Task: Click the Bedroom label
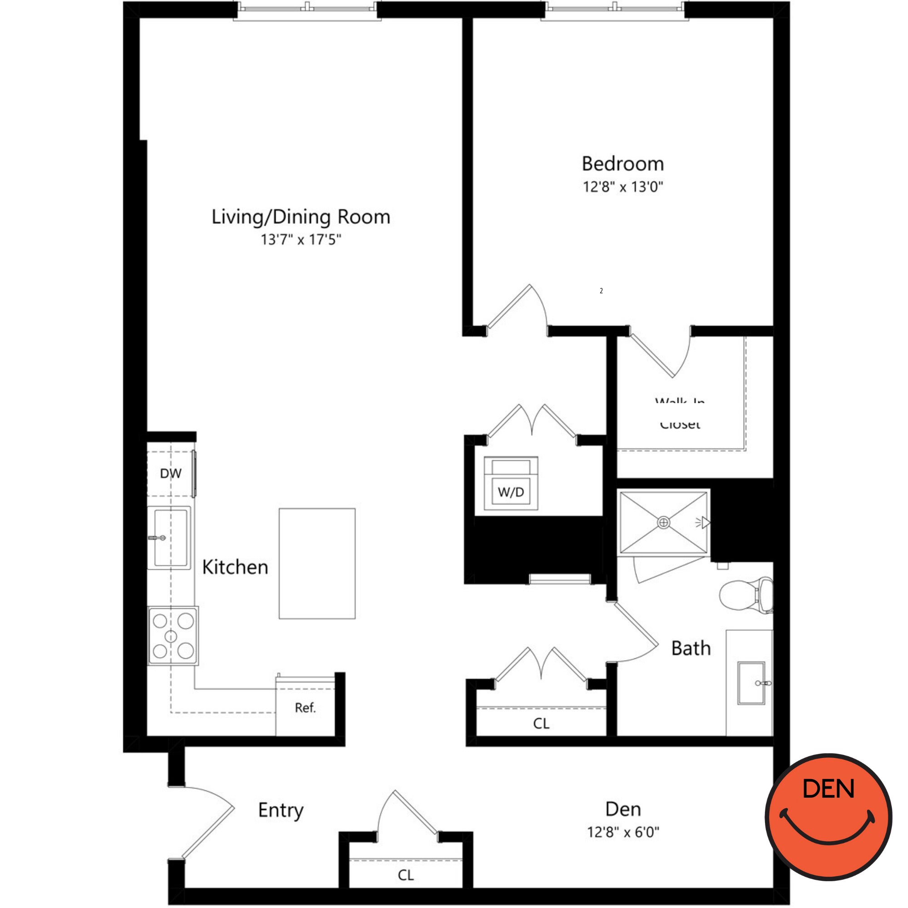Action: [623, 164]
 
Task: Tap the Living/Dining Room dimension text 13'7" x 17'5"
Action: [301, 240]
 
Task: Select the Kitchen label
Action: [235, 567]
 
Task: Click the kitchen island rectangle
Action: [317, 563]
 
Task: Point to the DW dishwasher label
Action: [171, 473]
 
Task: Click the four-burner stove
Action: [173, 636]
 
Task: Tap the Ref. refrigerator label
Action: [305, 708]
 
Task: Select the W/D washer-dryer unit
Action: [511, 484]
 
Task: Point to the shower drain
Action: [663, 523]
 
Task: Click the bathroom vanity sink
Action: [751, 683]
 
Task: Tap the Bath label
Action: [691, 649]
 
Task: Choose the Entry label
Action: [281, 810]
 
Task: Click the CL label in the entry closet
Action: [405, 875]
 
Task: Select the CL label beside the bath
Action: [541, 723]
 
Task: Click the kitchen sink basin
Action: [170, 538]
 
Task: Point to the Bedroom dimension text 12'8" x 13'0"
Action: [623, 187]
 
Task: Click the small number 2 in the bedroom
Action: [601, 291]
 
